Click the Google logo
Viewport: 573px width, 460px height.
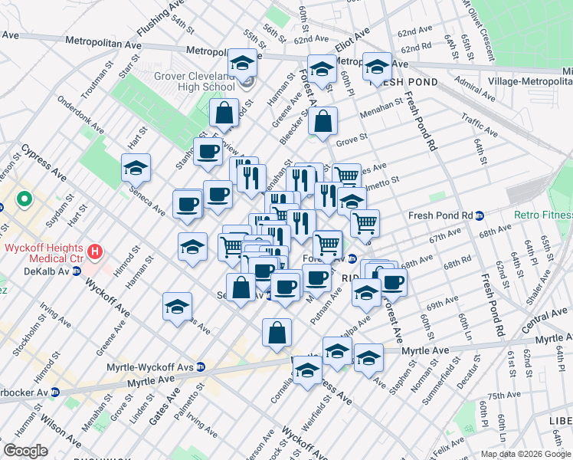tap(25, 451)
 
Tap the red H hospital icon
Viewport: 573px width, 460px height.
tap(95, 251)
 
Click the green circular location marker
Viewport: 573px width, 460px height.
tap(25, 201)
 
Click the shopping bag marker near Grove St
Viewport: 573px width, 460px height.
tap(323, 122)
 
